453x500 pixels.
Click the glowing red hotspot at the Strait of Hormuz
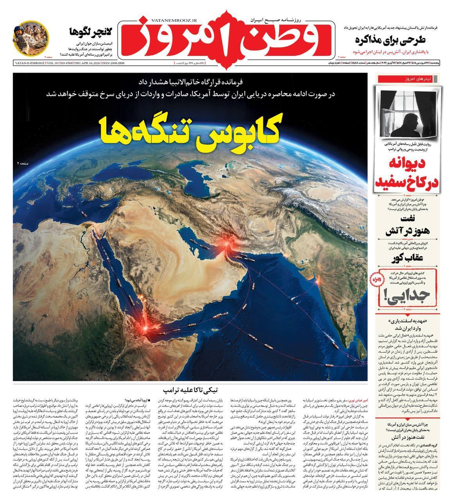226,245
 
